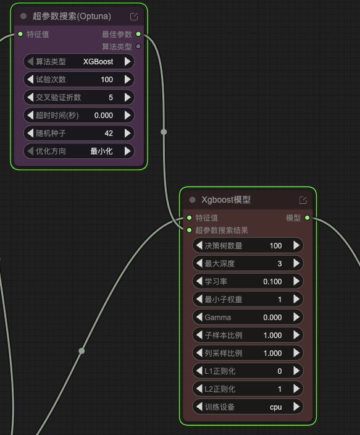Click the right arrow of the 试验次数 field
(128, 80)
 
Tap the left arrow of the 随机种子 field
(30, 133)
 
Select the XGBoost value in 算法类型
(98, 62)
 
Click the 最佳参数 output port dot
(138, 34)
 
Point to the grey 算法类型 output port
(138, 46)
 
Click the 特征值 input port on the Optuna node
(20, 34)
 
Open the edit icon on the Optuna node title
(134, 17)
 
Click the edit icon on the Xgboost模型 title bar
(303, 200)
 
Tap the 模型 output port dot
(307, 217)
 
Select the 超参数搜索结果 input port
(189, 230)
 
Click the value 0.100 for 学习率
(272, 282)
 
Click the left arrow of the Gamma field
(199, 317)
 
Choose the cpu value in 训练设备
(275, 407)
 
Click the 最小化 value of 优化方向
(101, 151)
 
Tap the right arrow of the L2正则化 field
(296, 389)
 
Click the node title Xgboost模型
(226, 200)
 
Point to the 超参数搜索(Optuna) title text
(72, 16)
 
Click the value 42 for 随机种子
(109, 133)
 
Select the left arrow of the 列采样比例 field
(199, 353)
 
